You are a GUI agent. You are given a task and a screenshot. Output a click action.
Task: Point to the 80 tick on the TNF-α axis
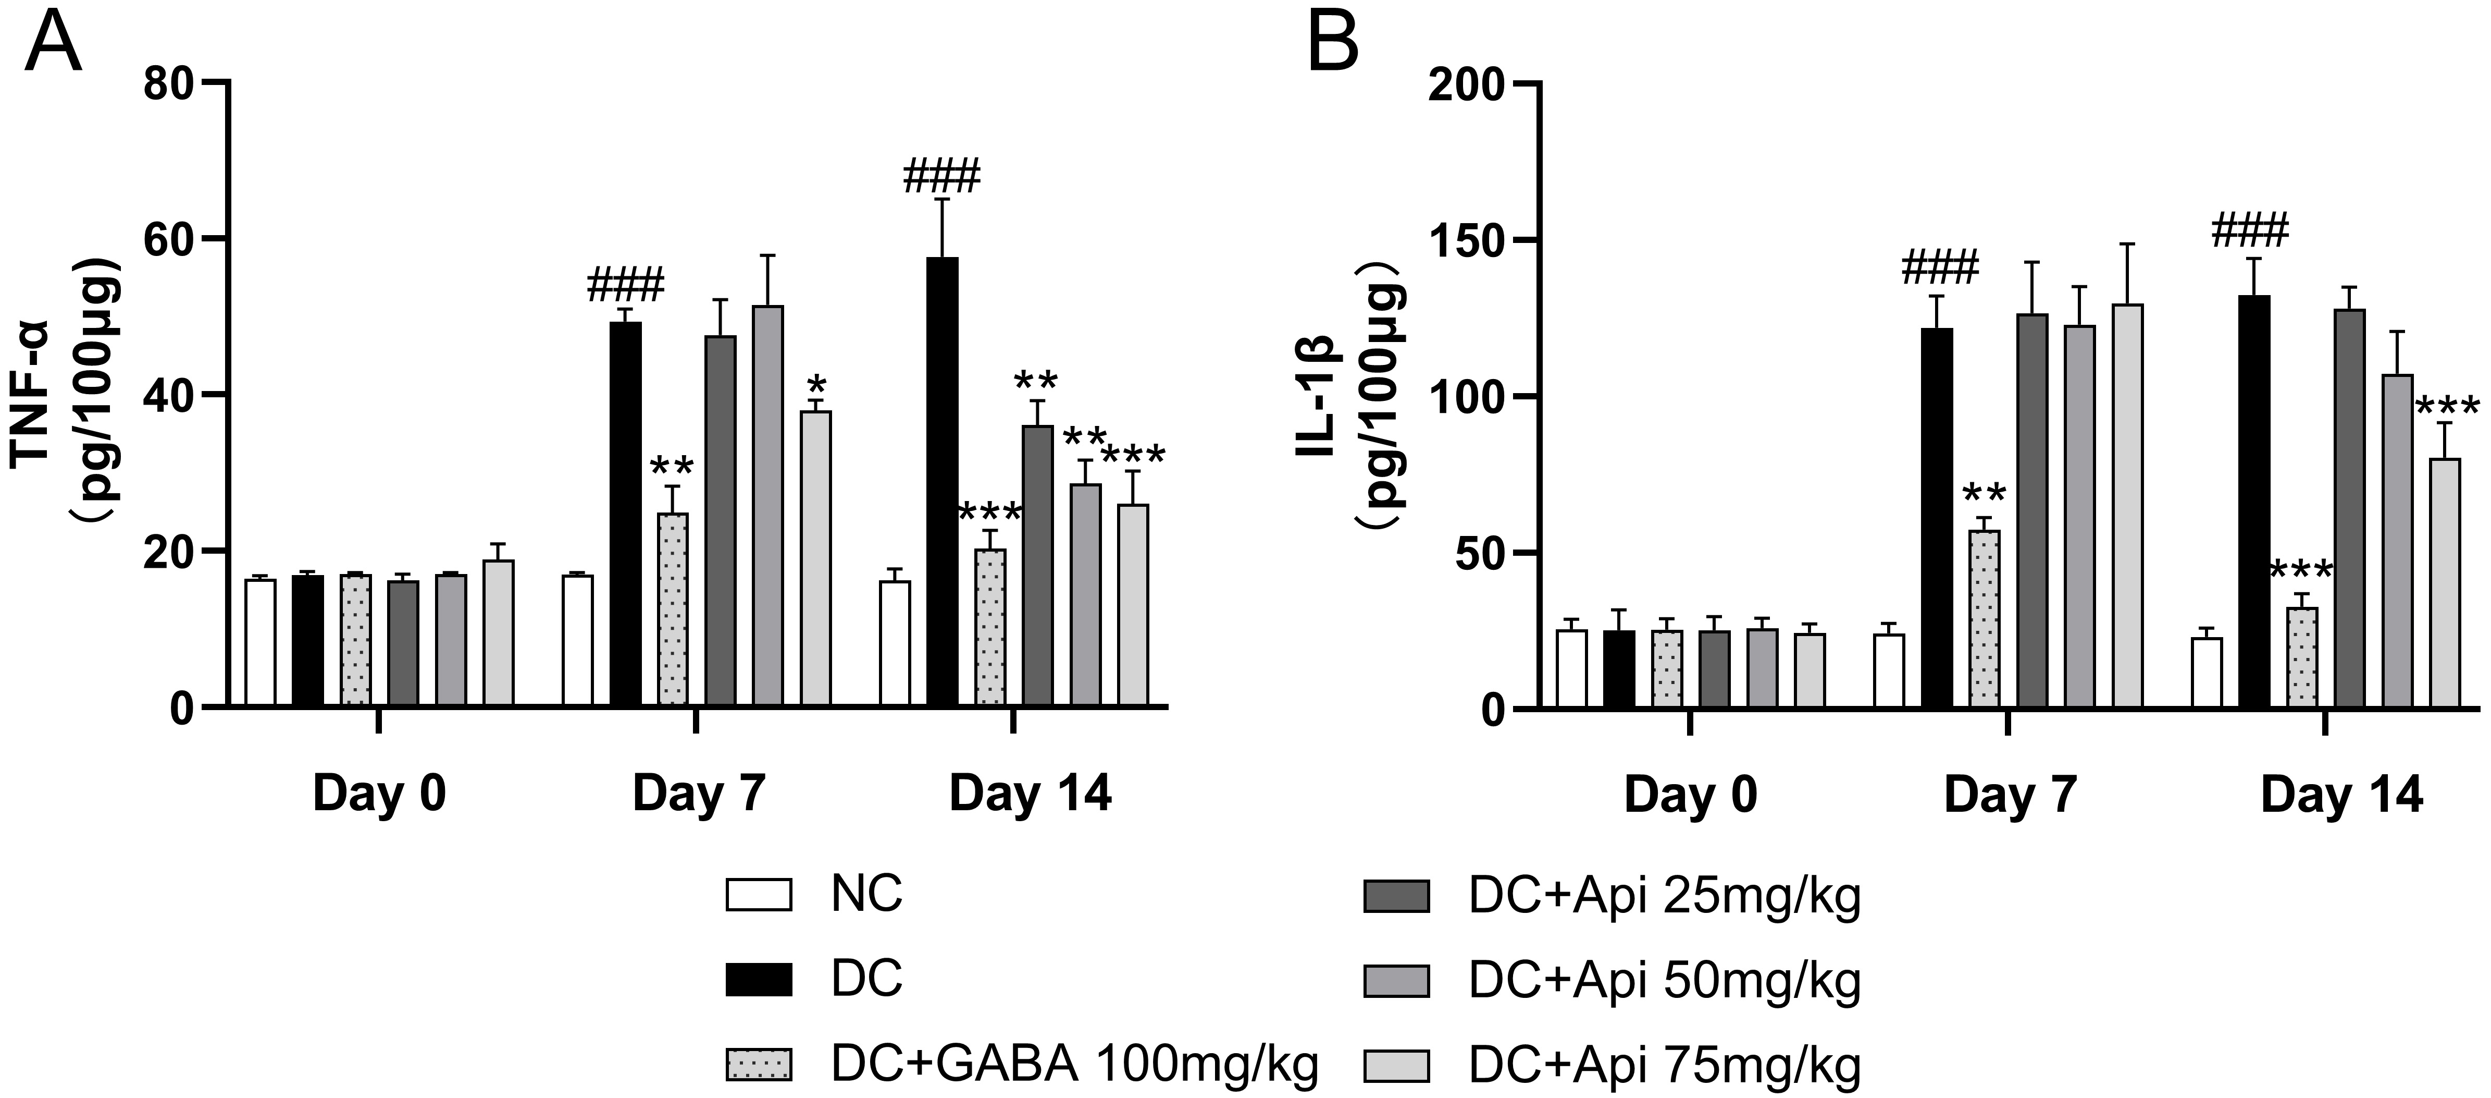(171, 83)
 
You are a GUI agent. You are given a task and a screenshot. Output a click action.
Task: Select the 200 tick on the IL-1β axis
(1467, 83)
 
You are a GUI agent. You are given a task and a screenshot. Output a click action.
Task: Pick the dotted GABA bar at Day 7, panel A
(672, 609)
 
